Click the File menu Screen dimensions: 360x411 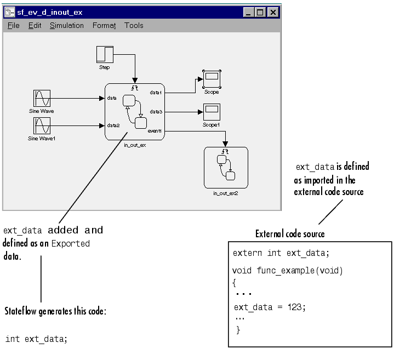[x=14, y=25]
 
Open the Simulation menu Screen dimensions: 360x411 [x=66, y=25]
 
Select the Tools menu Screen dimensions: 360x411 [x=134, y=25]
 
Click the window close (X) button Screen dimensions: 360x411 [x=273, y=12]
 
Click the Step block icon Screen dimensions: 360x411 [x=105, y=55]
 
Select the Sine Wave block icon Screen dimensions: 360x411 [x=42, y=99]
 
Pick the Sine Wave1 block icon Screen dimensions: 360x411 [x=42, y=126]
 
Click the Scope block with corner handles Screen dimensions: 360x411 [x=211, y=79]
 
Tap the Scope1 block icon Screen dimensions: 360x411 [x=211, y=112]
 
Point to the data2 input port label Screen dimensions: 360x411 [x=113, y=125]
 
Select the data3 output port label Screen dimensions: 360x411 [x=156, y=111]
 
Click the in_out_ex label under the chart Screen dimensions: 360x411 [x=134, y=145]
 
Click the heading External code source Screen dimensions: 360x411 [x=290, y=234]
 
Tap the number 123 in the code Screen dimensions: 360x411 [x=296, y=307]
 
